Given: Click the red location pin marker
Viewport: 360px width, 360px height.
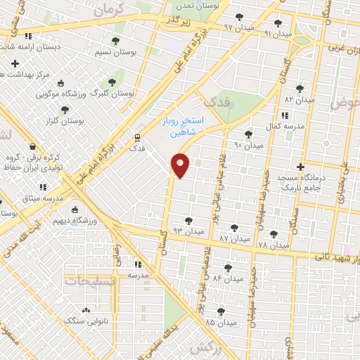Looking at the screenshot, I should pyautogui.click(x=181, y=165).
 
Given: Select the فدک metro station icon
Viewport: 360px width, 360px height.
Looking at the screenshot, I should pyautogui.click(x=136, y=137).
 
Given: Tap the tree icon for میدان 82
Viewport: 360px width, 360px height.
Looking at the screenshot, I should pyautogui.click(x=301, y=89).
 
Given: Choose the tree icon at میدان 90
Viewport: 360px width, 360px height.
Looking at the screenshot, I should pyautogui.click(x=248, y=134).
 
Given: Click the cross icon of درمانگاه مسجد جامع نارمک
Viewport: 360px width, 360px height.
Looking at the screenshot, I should pyautogui.click(x=301, y=167).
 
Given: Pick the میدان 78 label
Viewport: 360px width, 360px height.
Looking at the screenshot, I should pyautogui.click(x=273, y=245).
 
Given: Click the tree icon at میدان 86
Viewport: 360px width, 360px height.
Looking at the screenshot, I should pyautogui.click(x=227, y=267).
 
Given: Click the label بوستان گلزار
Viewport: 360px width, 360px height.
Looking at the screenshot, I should pyautogui.click(x=66, y=121).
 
